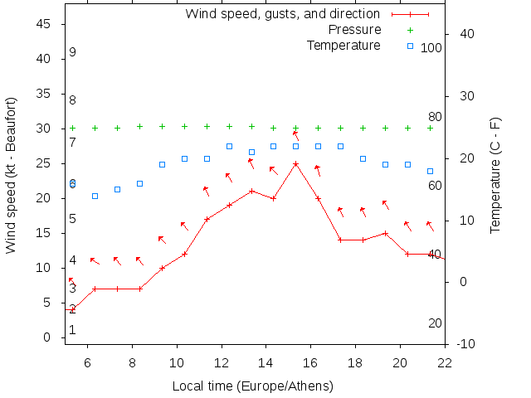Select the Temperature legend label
(x=343, y=45)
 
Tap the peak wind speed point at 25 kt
(x=295, y=164)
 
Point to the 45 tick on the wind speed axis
(x=46, y=25)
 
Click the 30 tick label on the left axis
(x=46, y=129)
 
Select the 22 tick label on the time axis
(x=446, y=362)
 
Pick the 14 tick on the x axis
(x=266, y=362)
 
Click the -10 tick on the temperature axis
(x=465, y=344)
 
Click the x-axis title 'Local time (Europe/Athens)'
(x=252, y=386)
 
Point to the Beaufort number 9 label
(x=73, y=52)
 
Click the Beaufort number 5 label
(x=73, y=219)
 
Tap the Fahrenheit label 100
(x=431, y=48)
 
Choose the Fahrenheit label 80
(x=435, y=117)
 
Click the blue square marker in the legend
(x=410, y=46)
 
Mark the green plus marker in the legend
(x=410, y=30)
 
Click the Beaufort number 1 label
(x=73, y=329)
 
